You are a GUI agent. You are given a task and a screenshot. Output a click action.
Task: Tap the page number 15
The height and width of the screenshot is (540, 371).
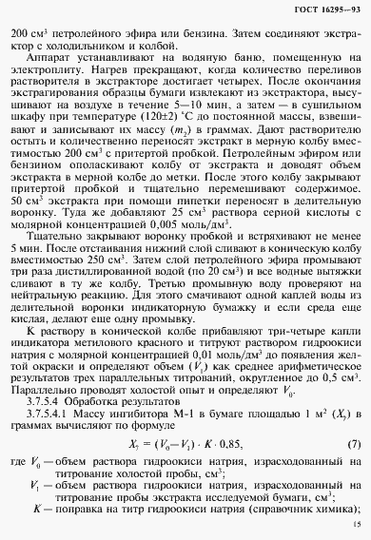click(355, 523)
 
